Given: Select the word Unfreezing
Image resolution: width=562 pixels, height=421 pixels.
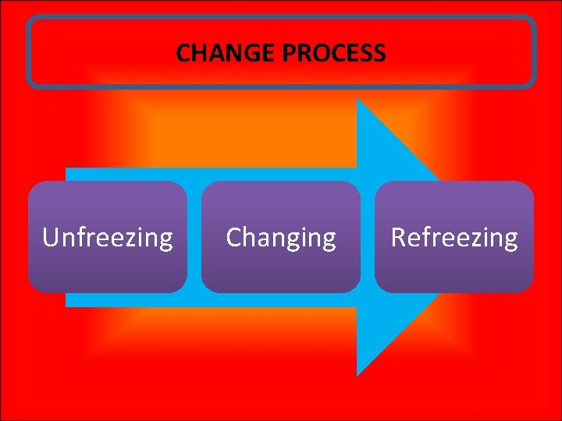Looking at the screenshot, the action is click(x=108, y=237).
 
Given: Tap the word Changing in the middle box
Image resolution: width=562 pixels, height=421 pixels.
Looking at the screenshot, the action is click(x=281, y=237).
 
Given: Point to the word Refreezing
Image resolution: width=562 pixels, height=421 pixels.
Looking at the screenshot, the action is click(x=454, y=237).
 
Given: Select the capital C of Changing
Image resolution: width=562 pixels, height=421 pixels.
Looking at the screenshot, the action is click(x=233, y=237).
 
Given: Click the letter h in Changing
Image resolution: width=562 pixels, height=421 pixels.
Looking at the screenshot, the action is click(x=248, y=236).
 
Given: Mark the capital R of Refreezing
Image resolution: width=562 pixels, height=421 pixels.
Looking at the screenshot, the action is click(x=398, y=237).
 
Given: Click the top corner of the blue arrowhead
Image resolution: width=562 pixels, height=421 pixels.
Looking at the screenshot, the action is click(x=357, y=100).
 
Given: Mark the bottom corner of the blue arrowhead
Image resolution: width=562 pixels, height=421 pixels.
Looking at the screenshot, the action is click(x=357, y=374).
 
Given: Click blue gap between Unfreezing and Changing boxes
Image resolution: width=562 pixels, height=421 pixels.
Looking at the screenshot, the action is click(x=194, y=237).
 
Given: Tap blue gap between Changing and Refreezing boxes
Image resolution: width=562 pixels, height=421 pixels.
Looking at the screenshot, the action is click(x=368, y=237).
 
